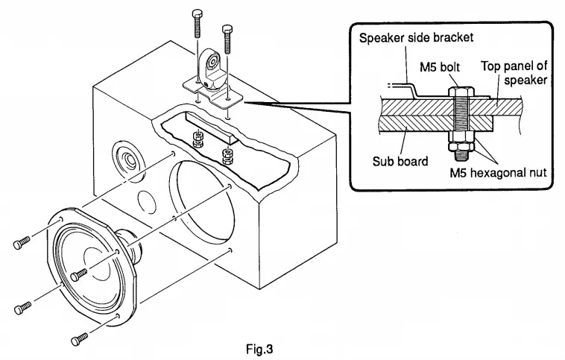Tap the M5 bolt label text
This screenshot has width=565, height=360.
coord(441,68)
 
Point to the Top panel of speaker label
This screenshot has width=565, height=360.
coord(514,72)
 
